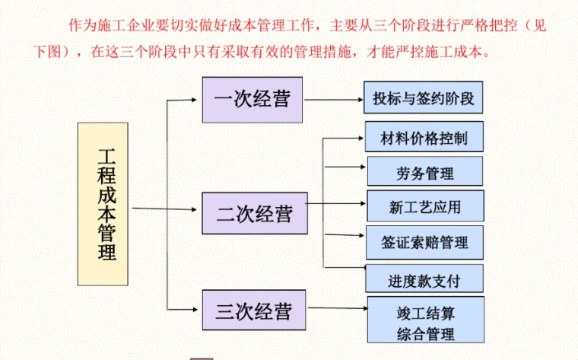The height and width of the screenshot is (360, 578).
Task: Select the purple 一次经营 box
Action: coord(252,99)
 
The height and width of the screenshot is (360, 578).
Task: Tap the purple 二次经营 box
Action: coord(254,214)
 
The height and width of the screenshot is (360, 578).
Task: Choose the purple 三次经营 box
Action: coord(253,311)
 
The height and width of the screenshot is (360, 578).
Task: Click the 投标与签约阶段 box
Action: coord(424,99)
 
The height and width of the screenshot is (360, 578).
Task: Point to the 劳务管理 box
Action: coord(425,172)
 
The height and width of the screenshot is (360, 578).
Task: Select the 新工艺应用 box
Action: coord(424,206)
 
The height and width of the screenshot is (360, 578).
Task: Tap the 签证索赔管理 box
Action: coord(424,243)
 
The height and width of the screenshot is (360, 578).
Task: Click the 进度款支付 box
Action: coord(424,279)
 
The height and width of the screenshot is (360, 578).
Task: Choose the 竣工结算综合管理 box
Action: coord(425,321)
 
